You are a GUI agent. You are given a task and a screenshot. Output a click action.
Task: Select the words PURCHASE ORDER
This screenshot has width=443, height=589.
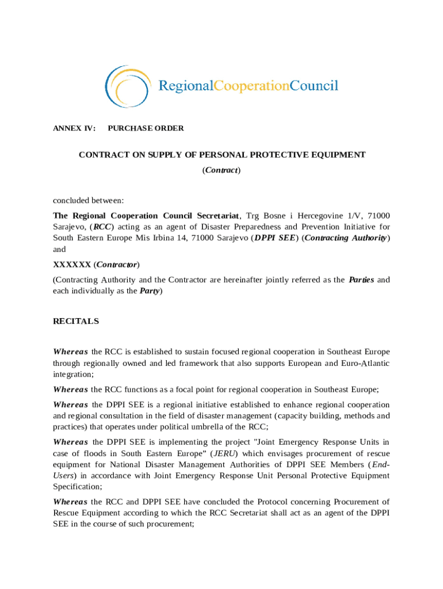coord(146,128)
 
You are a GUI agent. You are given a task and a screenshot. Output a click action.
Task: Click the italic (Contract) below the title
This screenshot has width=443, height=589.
coord(221,170)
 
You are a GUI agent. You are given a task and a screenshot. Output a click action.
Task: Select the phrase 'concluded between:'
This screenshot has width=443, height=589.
coord(89,201)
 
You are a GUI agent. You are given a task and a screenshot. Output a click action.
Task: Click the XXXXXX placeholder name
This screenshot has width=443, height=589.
coord(72,265)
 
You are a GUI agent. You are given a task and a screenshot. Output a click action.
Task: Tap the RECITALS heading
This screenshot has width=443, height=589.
coord(76,322)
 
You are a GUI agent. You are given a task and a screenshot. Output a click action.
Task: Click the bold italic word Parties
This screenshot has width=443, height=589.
coord(361,280)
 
